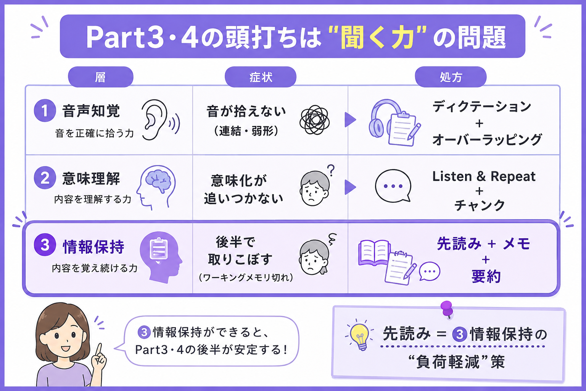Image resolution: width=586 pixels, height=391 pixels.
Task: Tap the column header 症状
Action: pyautogui.click(x=261, y=77)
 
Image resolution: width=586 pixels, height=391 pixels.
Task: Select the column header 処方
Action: pyautogui.click(x=451, y=77)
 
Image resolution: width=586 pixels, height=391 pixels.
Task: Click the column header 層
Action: pyautogui.click(x=101, y=77)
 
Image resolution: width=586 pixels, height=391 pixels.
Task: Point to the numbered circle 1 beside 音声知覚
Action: pyautogui.click(x=45, y=110)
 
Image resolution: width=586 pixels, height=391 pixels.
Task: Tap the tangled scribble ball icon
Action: pyautogui.click(x=314, y=120)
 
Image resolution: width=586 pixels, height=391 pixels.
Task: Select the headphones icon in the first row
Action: pyautogui.click(x=385, y=118)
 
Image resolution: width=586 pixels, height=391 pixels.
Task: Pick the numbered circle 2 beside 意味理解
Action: pyautogui.click(x=45, y=178)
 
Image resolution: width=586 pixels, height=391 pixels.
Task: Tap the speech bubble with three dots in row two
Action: pyautogui.click(x=393, y=186)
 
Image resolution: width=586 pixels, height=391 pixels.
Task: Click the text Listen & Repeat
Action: pyautogui.click(x=484, y=176)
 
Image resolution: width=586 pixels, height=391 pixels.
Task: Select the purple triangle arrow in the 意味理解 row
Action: pyautogui.click(x=350, y=187)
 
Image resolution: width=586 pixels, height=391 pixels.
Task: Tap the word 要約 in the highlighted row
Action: pyautogui.click(x=486, y=276)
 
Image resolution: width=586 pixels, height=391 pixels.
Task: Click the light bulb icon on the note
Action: pyautogui.click(x=360, y=336)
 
